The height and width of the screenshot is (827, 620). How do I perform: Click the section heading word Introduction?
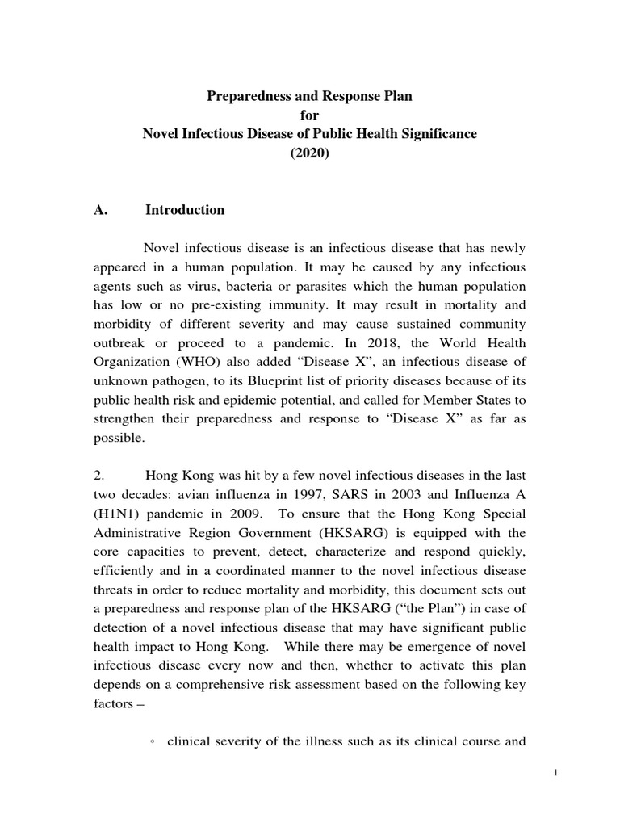pyautogui.click(x=185, y=210)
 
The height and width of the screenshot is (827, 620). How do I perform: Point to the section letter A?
pyautogui.click(x=101, y=210)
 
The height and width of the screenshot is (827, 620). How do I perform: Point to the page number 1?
pyautogui.click(x=556, y=773)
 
